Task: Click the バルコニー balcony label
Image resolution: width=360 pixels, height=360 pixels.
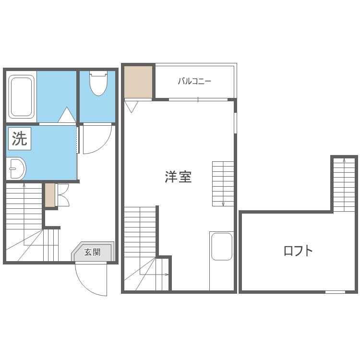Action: coord(194,81)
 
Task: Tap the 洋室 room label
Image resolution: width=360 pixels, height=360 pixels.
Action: coord(178,177)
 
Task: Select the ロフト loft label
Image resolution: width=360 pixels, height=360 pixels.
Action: coord(298,251)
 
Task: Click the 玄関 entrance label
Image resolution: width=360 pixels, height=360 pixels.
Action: coord(92,252)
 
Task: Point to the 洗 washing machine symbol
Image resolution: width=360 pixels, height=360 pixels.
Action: coord(20,139)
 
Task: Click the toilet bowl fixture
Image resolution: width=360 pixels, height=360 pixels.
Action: coord(98,83)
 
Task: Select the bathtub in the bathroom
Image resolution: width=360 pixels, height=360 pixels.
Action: coord(21,96)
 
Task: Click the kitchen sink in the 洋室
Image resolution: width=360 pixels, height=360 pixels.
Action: coord(222,247)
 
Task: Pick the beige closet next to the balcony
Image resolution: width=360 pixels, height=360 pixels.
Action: coord(138,82)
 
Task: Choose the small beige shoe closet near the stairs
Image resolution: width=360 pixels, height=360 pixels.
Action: coord(50,195)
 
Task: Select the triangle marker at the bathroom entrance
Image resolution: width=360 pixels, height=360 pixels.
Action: coord(67,115)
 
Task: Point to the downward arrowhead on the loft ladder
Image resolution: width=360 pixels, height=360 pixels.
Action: coord(223,204)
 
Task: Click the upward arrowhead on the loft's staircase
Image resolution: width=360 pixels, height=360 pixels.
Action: coord(344,160)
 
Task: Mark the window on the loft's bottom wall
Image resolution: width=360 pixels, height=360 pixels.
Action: coord(335,292)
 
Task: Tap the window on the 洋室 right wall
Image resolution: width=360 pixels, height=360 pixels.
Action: coord(235,122)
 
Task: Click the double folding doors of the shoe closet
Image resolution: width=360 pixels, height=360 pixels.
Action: coord(62,195)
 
